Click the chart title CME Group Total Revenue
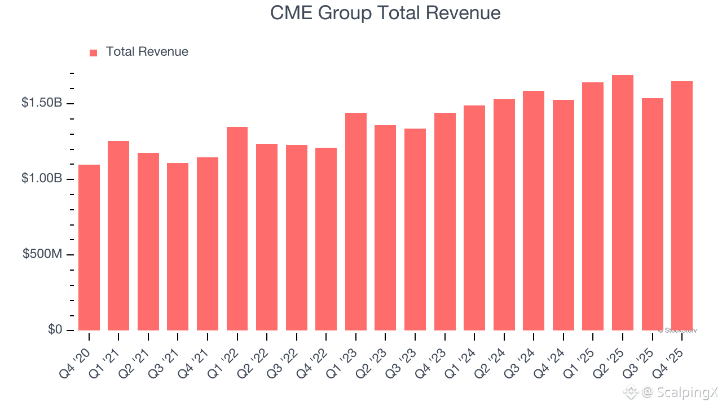(x=385, y=13)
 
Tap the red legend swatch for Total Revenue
(x=93, y=53)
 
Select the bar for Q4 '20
(x=89, y=248)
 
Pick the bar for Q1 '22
(x=237, y=228)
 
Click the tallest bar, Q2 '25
(x=622, y=202)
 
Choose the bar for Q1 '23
(x=356, y=222)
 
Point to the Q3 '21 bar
(x=178, y=246)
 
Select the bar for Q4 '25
(x=682, y=206)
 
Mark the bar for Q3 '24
(x=534, y=210)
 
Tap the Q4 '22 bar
(x=326, y=239)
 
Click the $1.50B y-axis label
(x=42, y=103)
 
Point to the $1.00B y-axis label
(x=42, y=178)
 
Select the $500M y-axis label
(x=42, y=254)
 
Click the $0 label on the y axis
(x=55, y=329)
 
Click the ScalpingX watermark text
(x=687, y=392)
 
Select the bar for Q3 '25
(x=653, y=214)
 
